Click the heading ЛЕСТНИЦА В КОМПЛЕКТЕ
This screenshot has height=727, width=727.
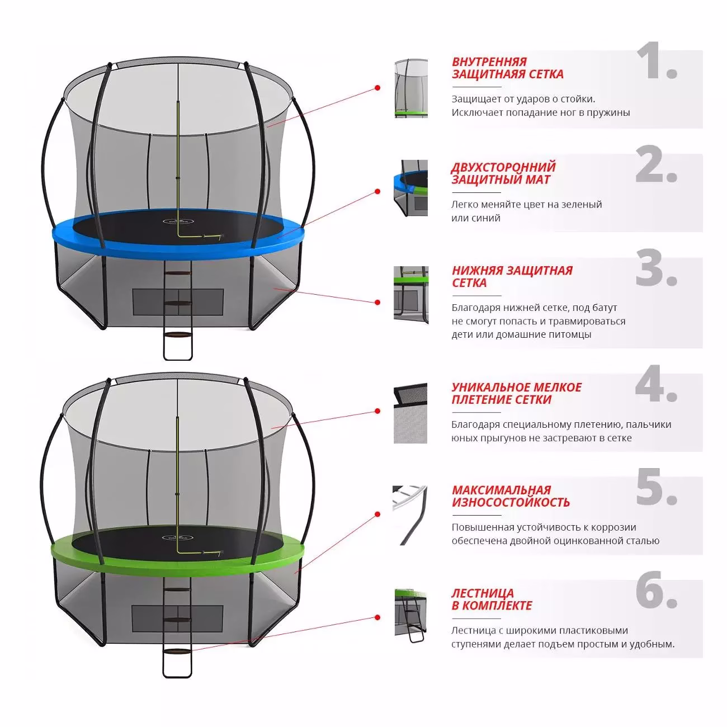tap(492, 599)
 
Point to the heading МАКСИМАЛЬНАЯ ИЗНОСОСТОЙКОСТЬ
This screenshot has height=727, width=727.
tap(511, 495)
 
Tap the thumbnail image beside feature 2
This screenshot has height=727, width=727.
tap(410, 187)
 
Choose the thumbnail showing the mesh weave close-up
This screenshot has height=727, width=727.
tap(410, 413)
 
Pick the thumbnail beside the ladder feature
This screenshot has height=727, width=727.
tap(410, 615)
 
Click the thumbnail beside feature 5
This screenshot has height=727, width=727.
tap(410, 515)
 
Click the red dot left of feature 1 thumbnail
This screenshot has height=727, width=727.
tap(377, 88)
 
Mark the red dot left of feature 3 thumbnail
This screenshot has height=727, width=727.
tap(377, 302)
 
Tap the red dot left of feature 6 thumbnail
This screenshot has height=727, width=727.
tap(377, 617)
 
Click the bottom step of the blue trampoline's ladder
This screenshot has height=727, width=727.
tap(178, 335)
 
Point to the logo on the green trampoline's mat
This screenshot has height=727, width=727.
tap(177, 537)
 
